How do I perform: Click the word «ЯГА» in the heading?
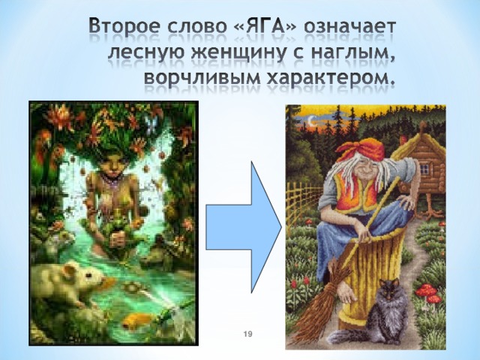pos(265,27)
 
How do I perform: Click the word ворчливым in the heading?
pos(202,78)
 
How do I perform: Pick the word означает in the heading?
pos(350,28)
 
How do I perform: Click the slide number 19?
pos(248,334)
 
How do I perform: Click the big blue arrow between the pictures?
pos(243,227)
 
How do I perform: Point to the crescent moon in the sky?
pos(311,121)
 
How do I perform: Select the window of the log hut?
pos(424,168)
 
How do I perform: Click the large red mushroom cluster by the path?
pos(430,293)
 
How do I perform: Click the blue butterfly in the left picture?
pos(151,125)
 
